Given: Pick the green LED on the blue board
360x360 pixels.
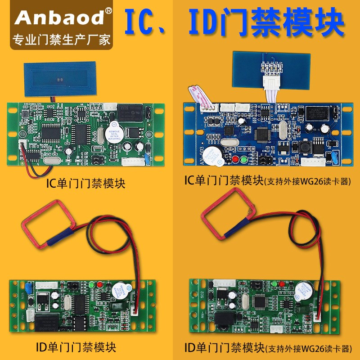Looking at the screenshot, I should (243, 159).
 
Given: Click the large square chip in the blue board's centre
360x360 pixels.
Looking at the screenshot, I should (262, 134).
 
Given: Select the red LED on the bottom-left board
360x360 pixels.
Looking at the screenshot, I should (91, 285).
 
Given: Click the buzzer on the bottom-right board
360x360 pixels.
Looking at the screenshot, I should (306, 290).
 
